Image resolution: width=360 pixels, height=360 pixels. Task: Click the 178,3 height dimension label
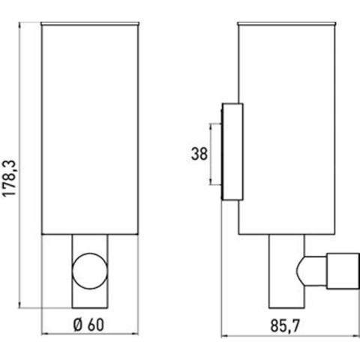(10, 178)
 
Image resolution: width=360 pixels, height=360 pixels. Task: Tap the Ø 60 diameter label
(88, 325)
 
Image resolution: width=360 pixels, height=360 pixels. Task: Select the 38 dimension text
(199, 154)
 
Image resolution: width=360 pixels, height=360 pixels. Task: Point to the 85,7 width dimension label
(285, 325)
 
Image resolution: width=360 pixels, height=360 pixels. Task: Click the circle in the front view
(90, 271)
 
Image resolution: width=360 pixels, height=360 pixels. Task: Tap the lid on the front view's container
(90, 24)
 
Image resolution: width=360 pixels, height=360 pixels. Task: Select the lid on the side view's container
(287, 24)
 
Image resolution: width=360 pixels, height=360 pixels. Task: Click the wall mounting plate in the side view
(232, 151)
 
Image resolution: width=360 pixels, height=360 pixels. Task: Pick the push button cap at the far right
(343, 271)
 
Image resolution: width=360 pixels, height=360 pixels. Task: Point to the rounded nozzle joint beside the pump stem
(311, 271)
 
